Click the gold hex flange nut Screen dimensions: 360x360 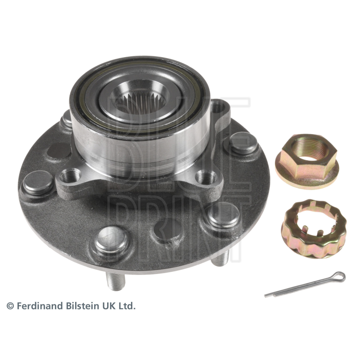(x=307, y=162)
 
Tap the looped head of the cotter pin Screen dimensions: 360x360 (x=339, y=276)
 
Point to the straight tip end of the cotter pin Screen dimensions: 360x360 (x=265, y=296)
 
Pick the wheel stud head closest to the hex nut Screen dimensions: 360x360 (x=243, y=144)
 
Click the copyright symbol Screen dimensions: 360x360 (x=10, y=306)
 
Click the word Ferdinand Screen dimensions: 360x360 (x=40, y=306)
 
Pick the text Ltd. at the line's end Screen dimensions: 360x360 (x=128, y=306)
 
